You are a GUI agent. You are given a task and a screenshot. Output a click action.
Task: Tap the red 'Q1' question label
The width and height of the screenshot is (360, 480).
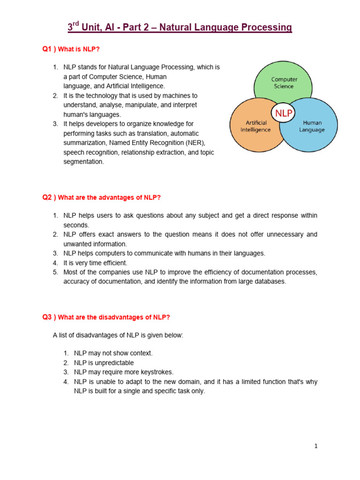tap(48, 50)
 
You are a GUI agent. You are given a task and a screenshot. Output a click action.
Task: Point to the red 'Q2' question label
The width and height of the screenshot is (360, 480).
tap(48, 197)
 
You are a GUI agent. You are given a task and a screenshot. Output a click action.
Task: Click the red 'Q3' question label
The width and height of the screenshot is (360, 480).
tap(48, 317)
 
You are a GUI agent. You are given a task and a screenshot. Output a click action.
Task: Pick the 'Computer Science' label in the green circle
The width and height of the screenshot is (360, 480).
tap(285, 83)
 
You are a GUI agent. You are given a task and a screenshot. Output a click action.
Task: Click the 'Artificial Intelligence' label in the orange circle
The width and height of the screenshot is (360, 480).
tap(255, 126)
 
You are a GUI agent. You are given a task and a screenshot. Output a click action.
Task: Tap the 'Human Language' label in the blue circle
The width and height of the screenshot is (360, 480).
tap(312, 126)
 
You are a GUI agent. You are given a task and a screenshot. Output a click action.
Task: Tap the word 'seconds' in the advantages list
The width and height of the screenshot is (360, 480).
tap(75, 225)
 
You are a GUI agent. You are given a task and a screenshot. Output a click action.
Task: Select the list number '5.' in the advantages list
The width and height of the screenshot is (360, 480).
tap(55, 272)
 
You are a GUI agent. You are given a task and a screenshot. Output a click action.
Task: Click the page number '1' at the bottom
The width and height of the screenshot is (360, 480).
tap(316, 446)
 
